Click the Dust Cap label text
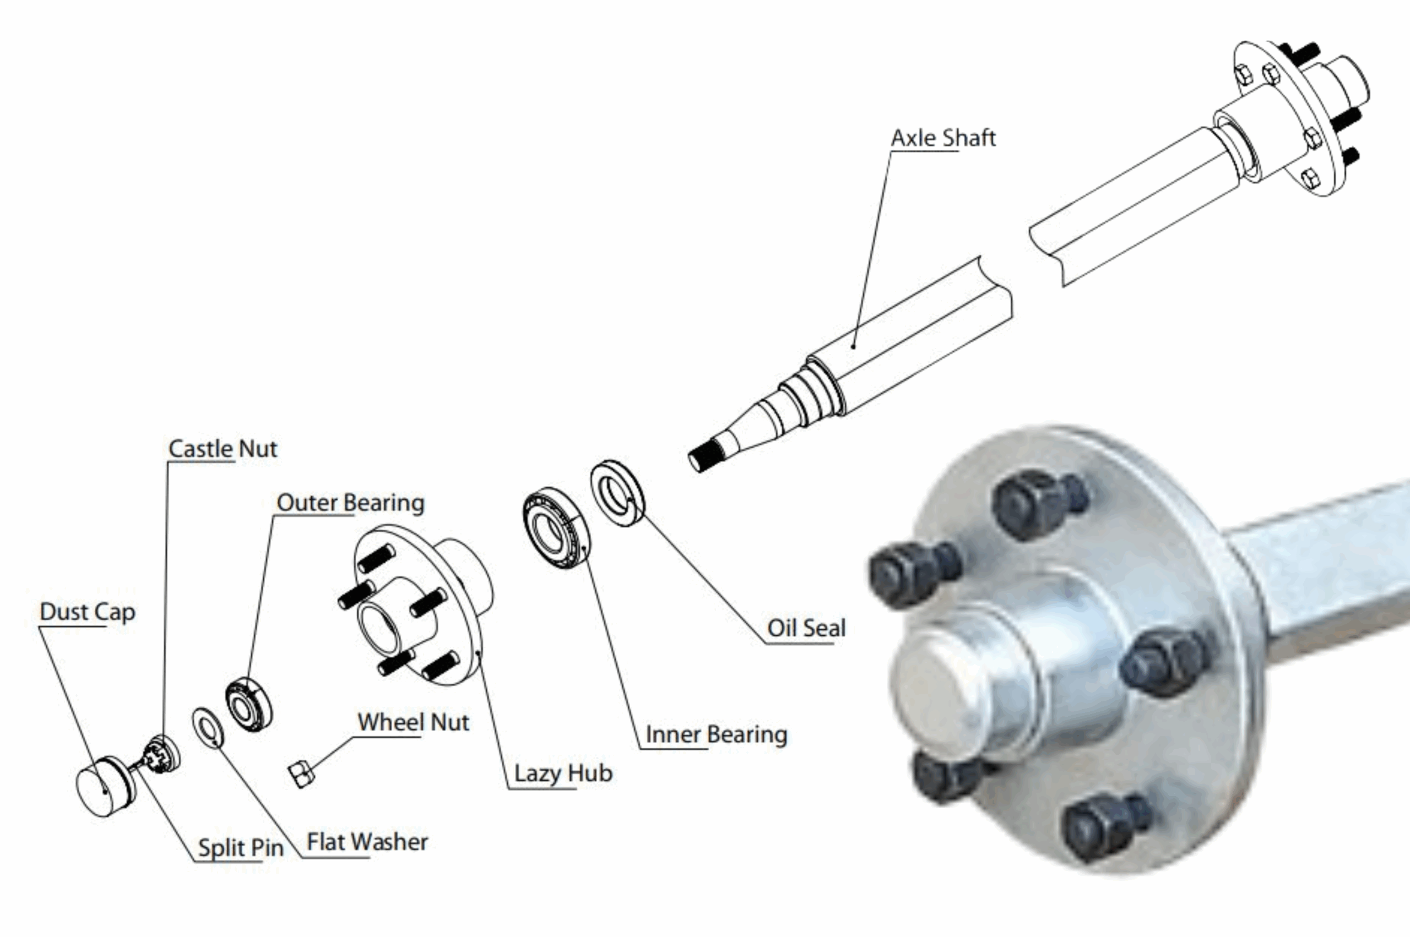coord(87,612)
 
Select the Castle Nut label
coord(223,449)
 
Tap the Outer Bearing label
coord(350,503)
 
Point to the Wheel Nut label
coord(413,722)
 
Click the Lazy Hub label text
coord(563,773)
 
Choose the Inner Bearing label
coord(716,734)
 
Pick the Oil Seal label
coord(806,628)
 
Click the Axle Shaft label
coord(943,138)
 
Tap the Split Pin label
coord(240,847)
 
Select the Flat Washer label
coord(367,842)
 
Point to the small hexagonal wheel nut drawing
coord(301,775)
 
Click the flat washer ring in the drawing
coord(208,727)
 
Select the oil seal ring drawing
coord(617,493)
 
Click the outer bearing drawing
coord(248,705)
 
